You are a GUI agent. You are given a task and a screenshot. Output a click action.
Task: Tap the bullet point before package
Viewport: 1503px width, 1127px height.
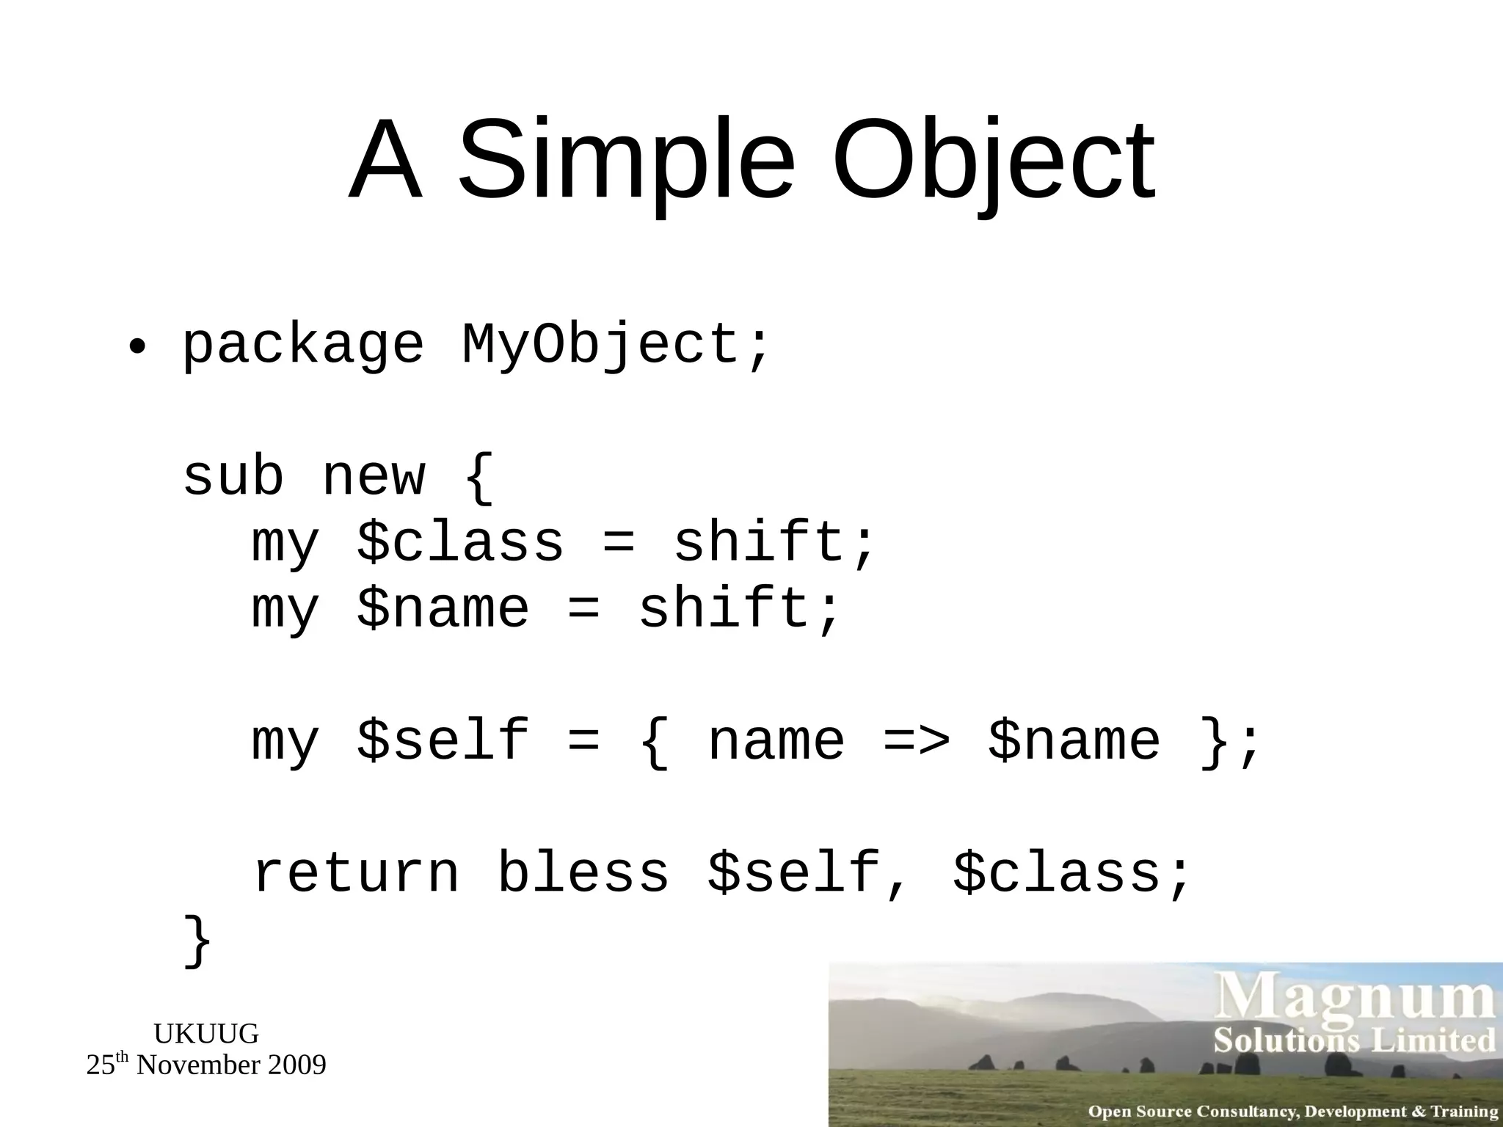click(x=137, y=346)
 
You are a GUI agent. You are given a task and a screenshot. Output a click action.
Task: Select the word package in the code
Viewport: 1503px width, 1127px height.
click(x=302, y=345)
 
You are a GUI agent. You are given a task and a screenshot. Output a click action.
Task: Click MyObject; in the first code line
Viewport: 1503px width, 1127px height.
click(x=616, y=345)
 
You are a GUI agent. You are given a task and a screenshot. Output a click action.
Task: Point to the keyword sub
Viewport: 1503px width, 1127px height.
click(x=233, y=477)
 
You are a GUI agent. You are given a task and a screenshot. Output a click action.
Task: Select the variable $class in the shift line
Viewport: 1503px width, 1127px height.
click(x=460, y=543)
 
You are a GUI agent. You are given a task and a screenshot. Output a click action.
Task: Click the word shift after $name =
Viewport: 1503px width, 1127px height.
click(x=738, y=609)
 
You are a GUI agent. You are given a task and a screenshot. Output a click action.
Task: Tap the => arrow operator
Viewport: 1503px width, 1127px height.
click(x=917, y=741)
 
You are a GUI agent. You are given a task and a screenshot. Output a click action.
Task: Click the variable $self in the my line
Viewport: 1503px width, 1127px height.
click(x=443, y=741)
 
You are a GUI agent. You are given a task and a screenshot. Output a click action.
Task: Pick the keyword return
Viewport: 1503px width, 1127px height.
click(x=356, y=873)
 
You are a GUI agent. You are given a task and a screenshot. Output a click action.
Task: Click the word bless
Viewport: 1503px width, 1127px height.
click(x=583, y=873)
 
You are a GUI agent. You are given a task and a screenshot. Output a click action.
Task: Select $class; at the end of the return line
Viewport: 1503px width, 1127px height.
click(x=1071, y=873)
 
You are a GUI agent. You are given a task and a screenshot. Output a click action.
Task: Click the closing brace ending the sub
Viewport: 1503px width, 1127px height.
click(x=197, y=941)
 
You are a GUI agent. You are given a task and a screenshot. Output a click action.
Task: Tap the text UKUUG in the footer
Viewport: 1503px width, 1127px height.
click(x=206, y=1034)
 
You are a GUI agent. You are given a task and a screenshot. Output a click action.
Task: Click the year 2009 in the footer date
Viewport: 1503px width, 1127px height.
click(x=296, y=1065)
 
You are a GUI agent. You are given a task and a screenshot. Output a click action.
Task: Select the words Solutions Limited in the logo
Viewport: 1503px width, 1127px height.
click(x=1354, y=1040)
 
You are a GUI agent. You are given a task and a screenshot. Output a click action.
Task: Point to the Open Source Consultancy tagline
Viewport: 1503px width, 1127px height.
click(x=1292, y=1112)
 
